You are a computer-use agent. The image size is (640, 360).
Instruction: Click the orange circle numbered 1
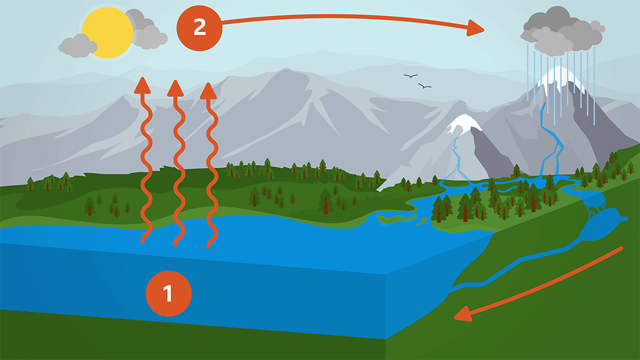(168, 293)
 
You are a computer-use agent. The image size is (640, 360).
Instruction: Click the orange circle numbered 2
(199, 28)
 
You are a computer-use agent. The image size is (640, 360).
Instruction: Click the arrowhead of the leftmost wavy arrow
(143, 85)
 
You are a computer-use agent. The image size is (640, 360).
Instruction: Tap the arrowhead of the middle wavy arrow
(175, 88)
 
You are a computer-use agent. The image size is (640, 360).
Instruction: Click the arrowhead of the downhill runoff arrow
(462, 314)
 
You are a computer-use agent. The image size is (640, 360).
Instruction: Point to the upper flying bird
(410, 76)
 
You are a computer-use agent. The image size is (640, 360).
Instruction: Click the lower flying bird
(424, 86)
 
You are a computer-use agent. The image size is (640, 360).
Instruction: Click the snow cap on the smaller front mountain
(463, 123)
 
